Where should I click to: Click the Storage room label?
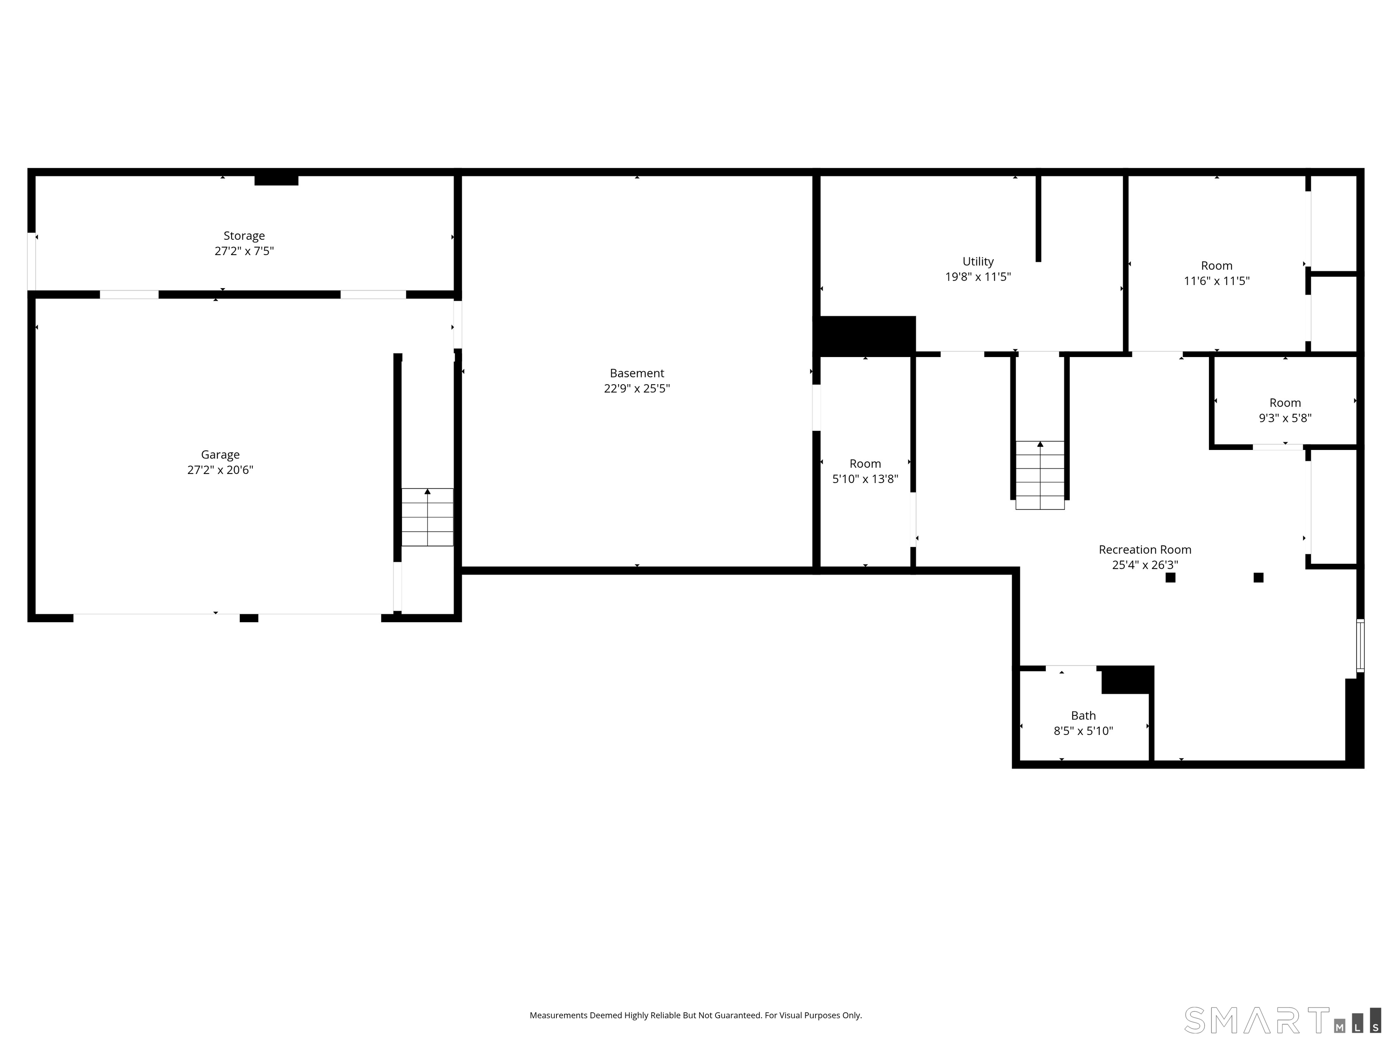click(244, 235)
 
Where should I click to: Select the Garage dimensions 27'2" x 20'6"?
click(220, 469)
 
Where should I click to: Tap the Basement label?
click(637, 373)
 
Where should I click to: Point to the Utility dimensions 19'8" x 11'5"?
click(978, 276)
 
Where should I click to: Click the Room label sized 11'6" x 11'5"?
click(1217, 266)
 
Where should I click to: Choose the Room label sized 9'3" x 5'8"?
click(1285, 403)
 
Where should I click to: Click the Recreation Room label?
click(1145, 549)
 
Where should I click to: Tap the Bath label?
click(1083, 715)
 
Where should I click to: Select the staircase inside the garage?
click(427, 517)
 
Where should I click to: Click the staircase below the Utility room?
click(1039, 475)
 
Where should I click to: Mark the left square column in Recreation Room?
click(1170, 578)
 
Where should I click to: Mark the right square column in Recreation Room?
click(1259, 578)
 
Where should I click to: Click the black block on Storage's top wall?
click(276, 180)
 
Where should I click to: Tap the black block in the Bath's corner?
click(1127, 680)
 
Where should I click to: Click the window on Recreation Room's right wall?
click(1360, 646)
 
